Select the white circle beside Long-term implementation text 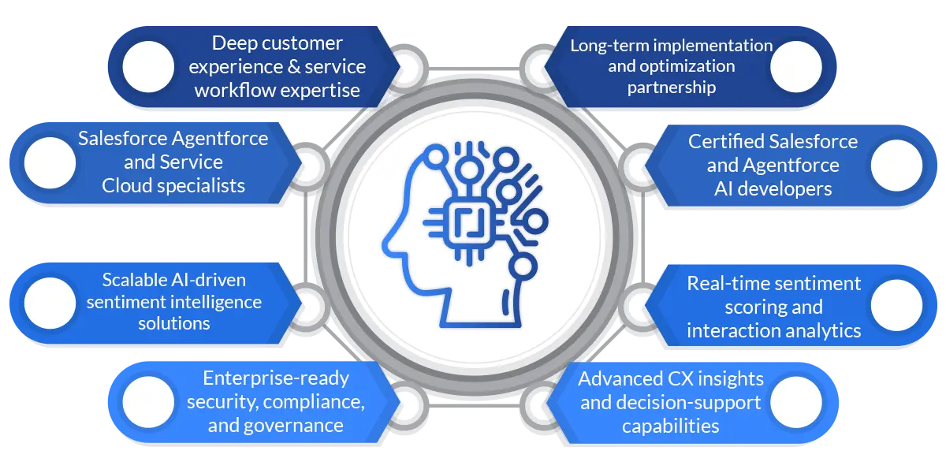[796, 66]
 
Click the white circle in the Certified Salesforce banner [896, 165]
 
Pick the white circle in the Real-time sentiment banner [896, 305]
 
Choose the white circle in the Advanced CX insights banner [796, 402]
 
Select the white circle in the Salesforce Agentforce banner [50, 163]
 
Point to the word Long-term [608, 46]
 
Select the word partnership [671, 88]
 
